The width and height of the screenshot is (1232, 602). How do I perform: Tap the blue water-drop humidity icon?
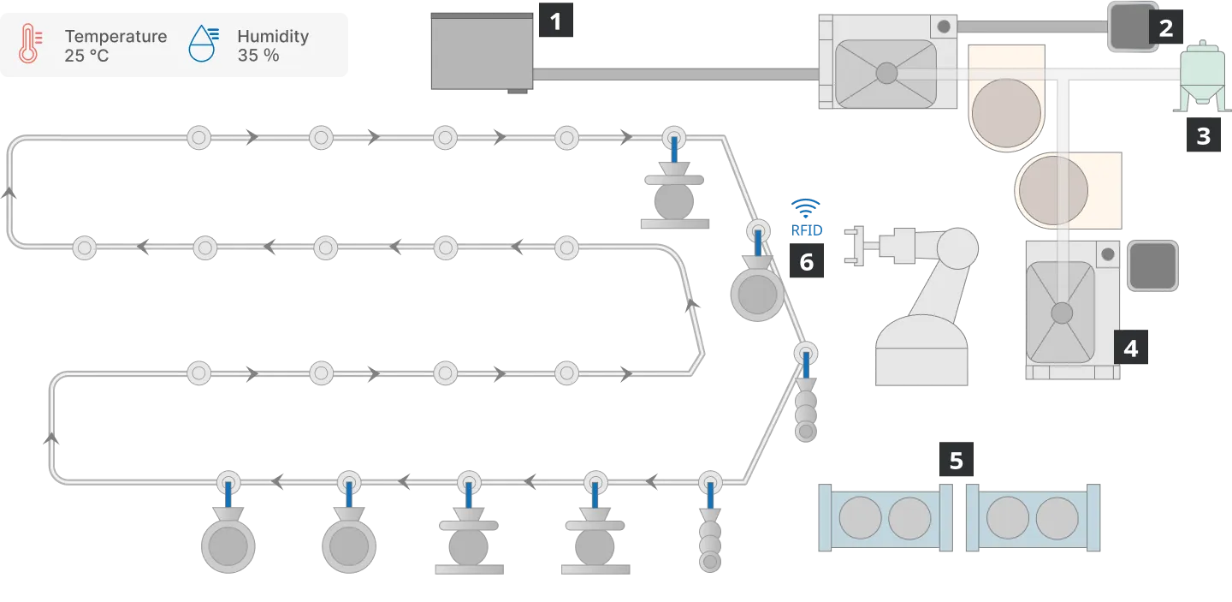[x=204, y=44]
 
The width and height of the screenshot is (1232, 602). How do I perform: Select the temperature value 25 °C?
[x=86, y=56]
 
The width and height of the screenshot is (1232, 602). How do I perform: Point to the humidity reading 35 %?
[x=258, y=55]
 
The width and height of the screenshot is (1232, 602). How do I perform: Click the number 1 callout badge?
[x=555, y=21]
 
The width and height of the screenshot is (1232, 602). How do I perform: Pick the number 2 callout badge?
[x=1165, y=27]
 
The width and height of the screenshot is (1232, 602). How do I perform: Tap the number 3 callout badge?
[x=1204, y=134]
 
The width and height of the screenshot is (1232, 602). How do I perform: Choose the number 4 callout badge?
[x=1131, y=347]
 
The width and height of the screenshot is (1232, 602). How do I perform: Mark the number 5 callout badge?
[x=957, y=460]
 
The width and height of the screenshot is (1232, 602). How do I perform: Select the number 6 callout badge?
[x=806, y=261]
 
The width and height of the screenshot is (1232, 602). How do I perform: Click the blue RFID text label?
[x=806, y=230]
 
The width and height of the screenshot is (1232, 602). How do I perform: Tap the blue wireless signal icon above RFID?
[x=806, y=208]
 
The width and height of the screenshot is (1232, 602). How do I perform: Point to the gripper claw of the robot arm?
[x=856, y=246]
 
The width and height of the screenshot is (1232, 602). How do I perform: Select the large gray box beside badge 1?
[x=482, y=51]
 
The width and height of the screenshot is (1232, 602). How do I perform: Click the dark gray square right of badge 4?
[x=1152, y=265]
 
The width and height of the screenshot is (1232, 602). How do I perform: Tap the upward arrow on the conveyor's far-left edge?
[x=9, y=193]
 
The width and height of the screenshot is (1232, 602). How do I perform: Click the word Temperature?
[x=115, y=36]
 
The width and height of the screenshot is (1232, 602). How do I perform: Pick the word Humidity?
[x=273, y=36]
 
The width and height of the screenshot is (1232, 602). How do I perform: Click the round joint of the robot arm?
[x=957, y=248]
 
